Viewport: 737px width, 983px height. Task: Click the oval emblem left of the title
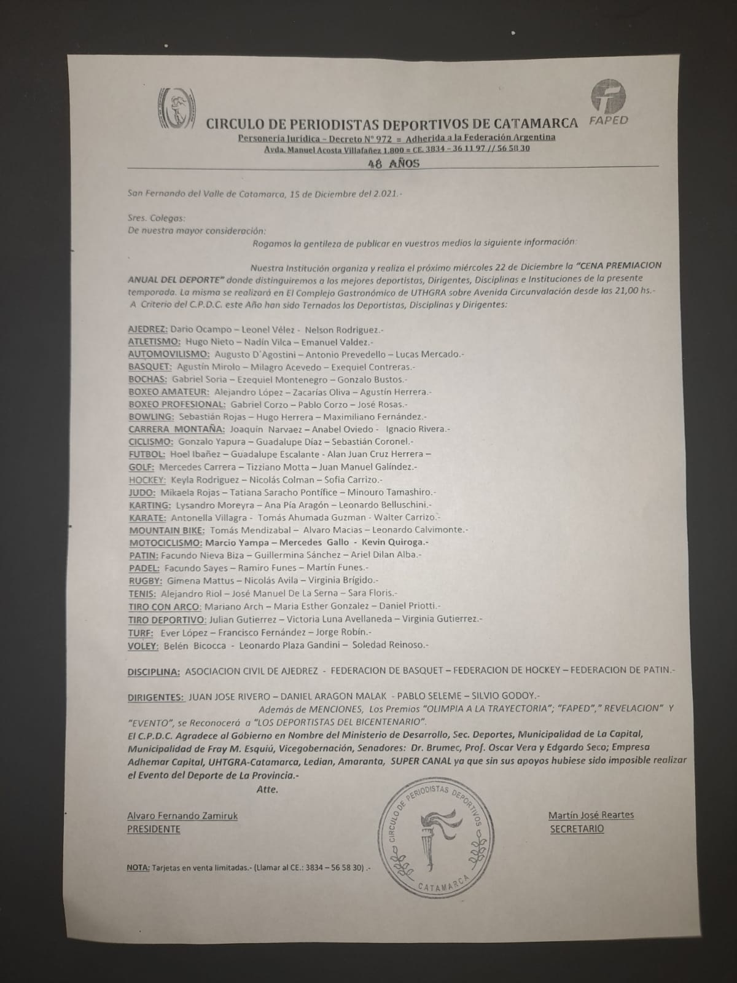pyautogui.click(x=177, y=108)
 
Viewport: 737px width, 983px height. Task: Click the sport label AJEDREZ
pyautogui.click(x=147, y=329)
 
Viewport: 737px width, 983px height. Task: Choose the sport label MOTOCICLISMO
pyautogui.click(x=165, y=542)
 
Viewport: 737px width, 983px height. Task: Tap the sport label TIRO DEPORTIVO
pyautogui.click(x=166, y=619)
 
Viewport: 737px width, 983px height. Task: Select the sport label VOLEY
pyautogui.click(x=143, y=645)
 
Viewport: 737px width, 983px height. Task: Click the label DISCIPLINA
pyautogui.click(x=154, y=672)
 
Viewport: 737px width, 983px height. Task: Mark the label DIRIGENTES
pyautogui.click(x=155, y=697)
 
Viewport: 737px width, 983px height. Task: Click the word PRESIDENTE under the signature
pyautogui.click(x=154, y=829)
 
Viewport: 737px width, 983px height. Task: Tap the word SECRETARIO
pyautogui.click(x=577, y=829)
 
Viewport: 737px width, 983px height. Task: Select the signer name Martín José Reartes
pyautogui.click(x=590, y=815)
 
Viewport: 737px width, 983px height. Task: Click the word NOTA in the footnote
pyautogui.click(x=138, y=868)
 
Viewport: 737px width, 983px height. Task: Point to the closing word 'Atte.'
pyautogui.click(x=267, y=789)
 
